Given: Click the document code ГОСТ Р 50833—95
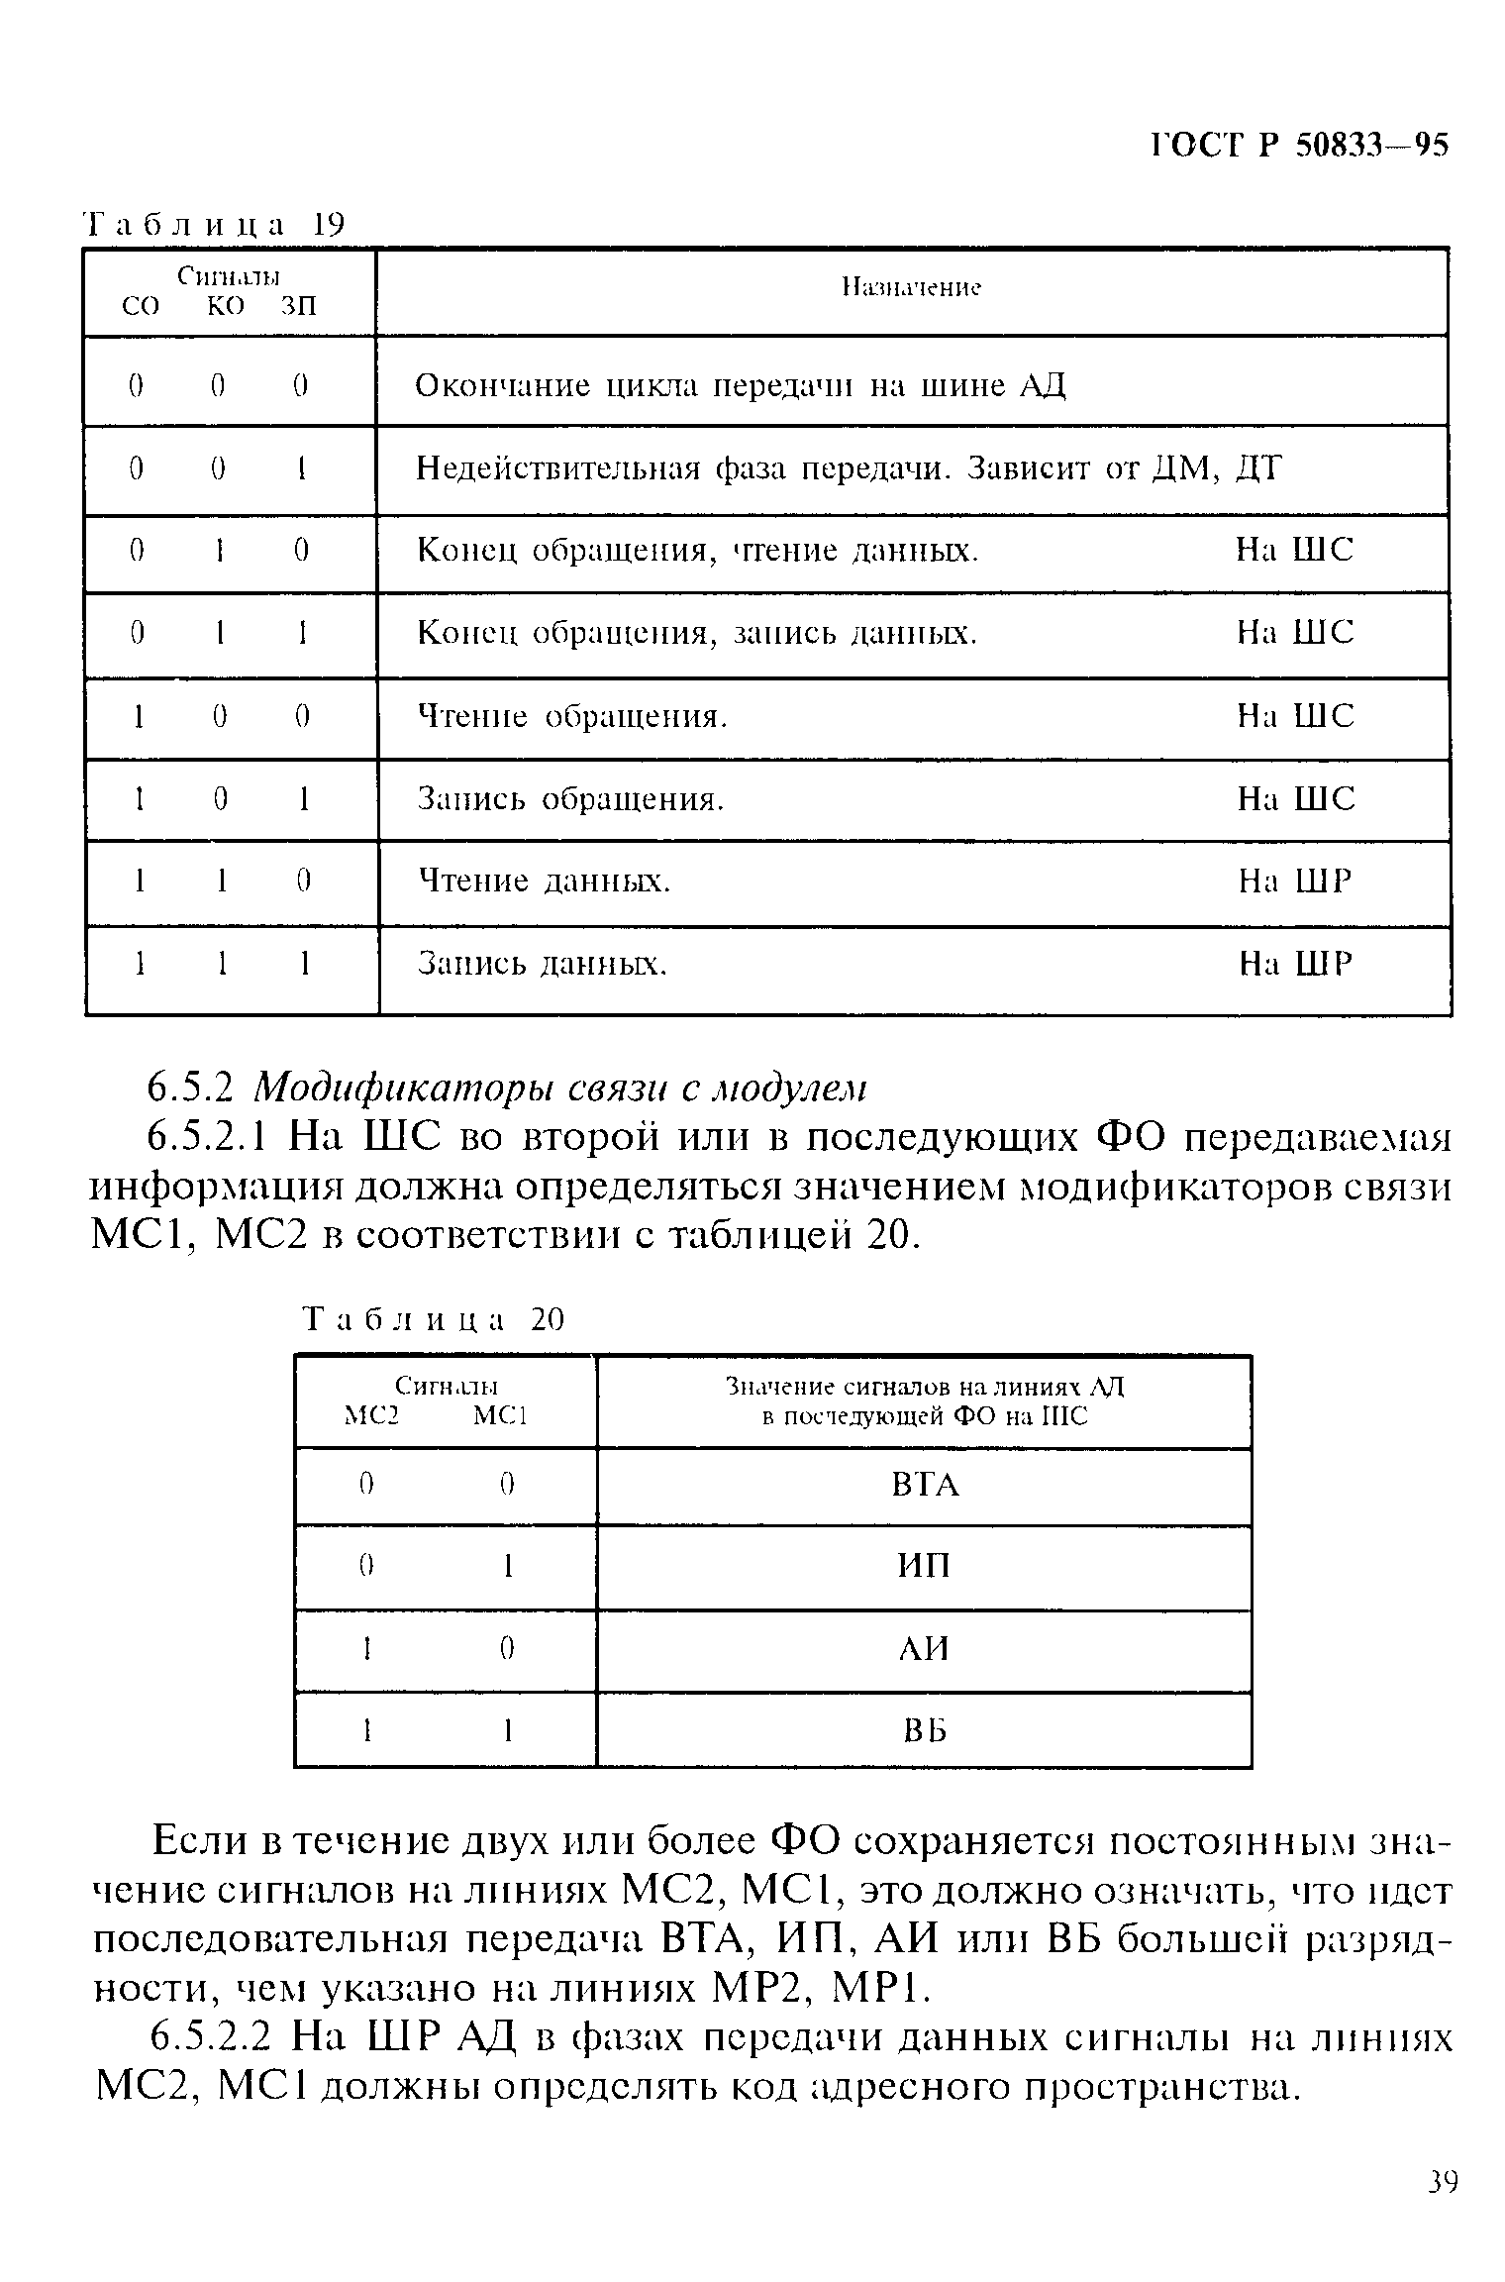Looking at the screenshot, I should [1300, 146].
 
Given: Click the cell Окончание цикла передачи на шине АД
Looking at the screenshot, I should [740, 385].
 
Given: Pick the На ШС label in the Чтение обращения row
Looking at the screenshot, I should [1295, 716].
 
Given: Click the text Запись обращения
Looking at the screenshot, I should [570, 798].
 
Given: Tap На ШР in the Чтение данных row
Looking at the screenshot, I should [1295, 881].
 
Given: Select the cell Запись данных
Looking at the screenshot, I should [543, 963].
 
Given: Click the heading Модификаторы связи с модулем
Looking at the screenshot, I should [560, 1088].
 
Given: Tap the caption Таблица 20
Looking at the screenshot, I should [434, 1319].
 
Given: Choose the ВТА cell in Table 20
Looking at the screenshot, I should [925, 1486].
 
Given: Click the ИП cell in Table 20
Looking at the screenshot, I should [925, 1566].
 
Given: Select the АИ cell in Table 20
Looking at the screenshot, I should [925, 1649].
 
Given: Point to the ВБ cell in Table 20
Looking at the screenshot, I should [925, 1731].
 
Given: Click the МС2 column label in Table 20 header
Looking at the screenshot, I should [370, 1416].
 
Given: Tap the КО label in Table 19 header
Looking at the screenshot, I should [226, 306].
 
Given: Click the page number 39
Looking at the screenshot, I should [1444, 2183].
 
